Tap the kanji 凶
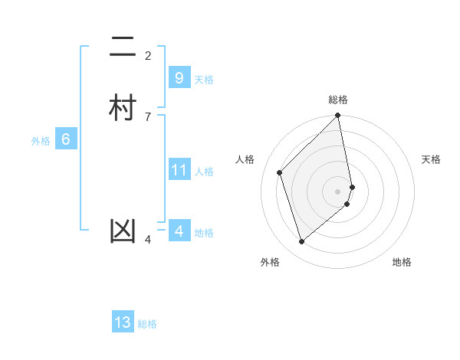pos(123,231)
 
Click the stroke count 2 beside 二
pos(148,55)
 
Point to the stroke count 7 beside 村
pos(148,116)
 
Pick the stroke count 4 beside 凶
pos(148,241)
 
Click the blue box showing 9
pos(179,78)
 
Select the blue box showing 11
pos(179,170)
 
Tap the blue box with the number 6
pos(66,140)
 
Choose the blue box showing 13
pos(123,322)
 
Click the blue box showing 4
pos(179,231)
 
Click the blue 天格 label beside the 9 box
pos(204,80)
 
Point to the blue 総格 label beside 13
pos(147,324)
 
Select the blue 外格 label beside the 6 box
pos(41,141)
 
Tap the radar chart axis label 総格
pos(338,100)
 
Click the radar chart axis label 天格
pos(431,159)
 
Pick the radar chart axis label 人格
pos(245,159)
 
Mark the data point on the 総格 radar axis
pos(338,116)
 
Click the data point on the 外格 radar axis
pos(301,242)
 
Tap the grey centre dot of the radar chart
pos(338,191)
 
